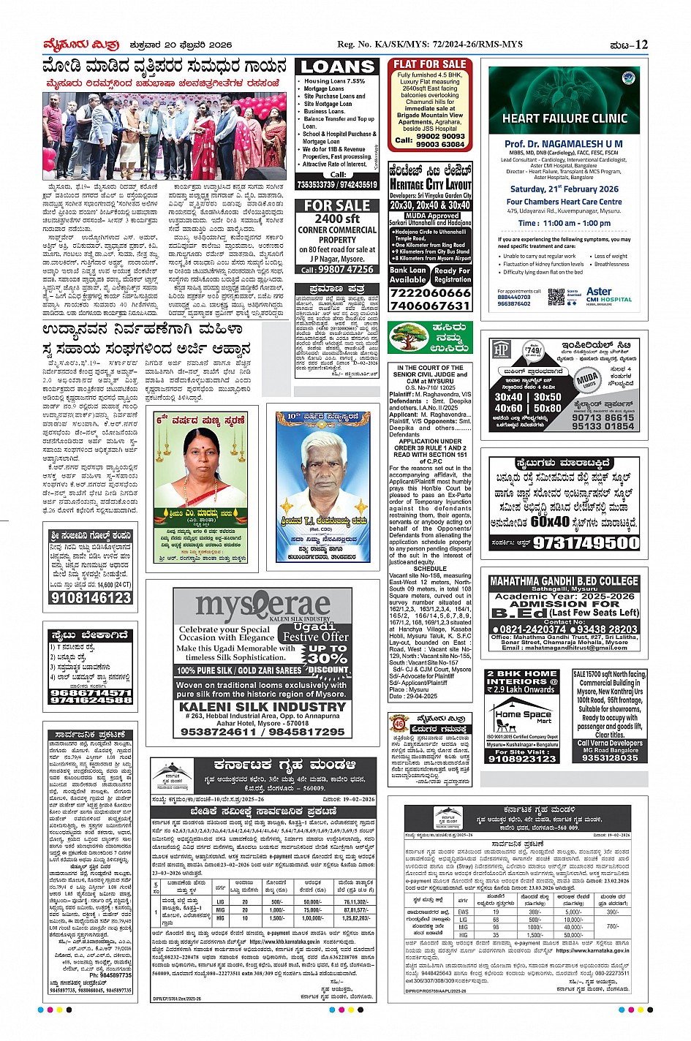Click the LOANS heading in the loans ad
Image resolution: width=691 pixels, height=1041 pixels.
[338, 67]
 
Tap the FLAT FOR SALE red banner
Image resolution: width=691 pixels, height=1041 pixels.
[430, 64]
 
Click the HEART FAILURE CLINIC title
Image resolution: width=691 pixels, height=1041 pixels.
[564, 118]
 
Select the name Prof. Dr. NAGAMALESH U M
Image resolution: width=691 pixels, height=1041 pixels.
[564, 144]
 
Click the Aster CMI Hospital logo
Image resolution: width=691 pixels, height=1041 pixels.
[608, 295]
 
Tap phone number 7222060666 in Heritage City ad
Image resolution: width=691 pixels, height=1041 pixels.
[430, 293]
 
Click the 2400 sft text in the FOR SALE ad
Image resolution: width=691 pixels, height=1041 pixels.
[337, 219]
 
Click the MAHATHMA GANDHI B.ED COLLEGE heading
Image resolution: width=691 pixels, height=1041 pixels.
[564, 581]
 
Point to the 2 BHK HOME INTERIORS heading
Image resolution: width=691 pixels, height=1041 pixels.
[521, 681]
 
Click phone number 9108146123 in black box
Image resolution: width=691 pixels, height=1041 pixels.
[91, 597]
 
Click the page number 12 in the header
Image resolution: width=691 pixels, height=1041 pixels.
[641, 45]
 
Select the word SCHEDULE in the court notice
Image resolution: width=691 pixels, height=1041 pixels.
[430, 568]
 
